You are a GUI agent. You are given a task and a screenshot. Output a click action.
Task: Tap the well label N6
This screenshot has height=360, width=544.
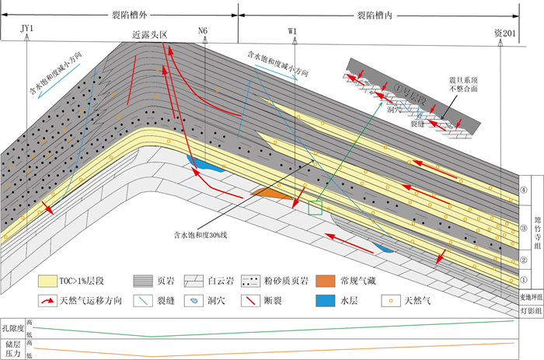(x=204, y=31)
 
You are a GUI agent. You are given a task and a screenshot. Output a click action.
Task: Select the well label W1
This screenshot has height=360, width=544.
(x=293, y=31)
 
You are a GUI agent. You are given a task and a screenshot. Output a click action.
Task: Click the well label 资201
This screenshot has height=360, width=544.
(x=504, y=31)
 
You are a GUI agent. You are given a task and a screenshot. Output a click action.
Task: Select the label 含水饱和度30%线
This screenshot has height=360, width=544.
(x=206, y=231)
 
